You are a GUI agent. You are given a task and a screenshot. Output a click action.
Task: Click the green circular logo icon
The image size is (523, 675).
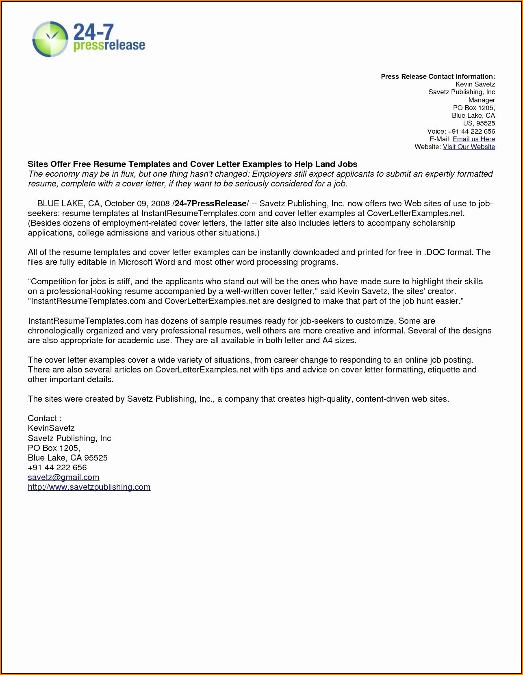coord(50,39)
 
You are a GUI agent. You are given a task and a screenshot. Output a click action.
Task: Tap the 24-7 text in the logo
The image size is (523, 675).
coord(93,32)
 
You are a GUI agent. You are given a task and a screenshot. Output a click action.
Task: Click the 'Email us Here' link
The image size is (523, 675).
coord(473,139)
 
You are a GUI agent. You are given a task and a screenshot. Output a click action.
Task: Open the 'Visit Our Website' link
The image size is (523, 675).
coord(469,147)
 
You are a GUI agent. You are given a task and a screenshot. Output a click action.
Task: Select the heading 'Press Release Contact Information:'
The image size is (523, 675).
coord(438,76)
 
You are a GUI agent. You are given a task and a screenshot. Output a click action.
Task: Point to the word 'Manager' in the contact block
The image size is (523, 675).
coord(482,100)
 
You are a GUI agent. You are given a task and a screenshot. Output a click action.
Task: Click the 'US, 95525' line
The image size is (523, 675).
coord(479,123)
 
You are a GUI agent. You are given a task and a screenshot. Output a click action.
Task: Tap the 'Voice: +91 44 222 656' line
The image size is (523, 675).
coord(461,131)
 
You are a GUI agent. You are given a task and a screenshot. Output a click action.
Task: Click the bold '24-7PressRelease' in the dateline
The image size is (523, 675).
coord(211,203)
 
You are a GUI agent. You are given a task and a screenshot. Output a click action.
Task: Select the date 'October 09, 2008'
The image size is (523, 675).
coord(137,203)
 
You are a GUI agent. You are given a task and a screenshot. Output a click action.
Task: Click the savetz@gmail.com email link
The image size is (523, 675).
coord(63,477)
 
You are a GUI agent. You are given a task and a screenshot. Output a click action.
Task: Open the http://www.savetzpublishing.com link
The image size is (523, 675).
coord(89,487)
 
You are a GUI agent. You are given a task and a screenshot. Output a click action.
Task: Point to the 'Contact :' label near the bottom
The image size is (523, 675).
coord(44,418)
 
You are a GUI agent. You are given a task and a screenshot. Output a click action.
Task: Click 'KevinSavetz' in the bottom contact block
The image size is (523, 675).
coord(51,428)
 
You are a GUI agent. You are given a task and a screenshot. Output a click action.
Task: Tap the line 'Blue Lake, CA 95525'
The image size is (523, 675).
coord(67,458)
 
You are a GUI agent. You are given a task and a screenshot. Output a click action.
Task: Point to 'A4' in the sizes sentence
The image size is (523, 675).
coord(327,340)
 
